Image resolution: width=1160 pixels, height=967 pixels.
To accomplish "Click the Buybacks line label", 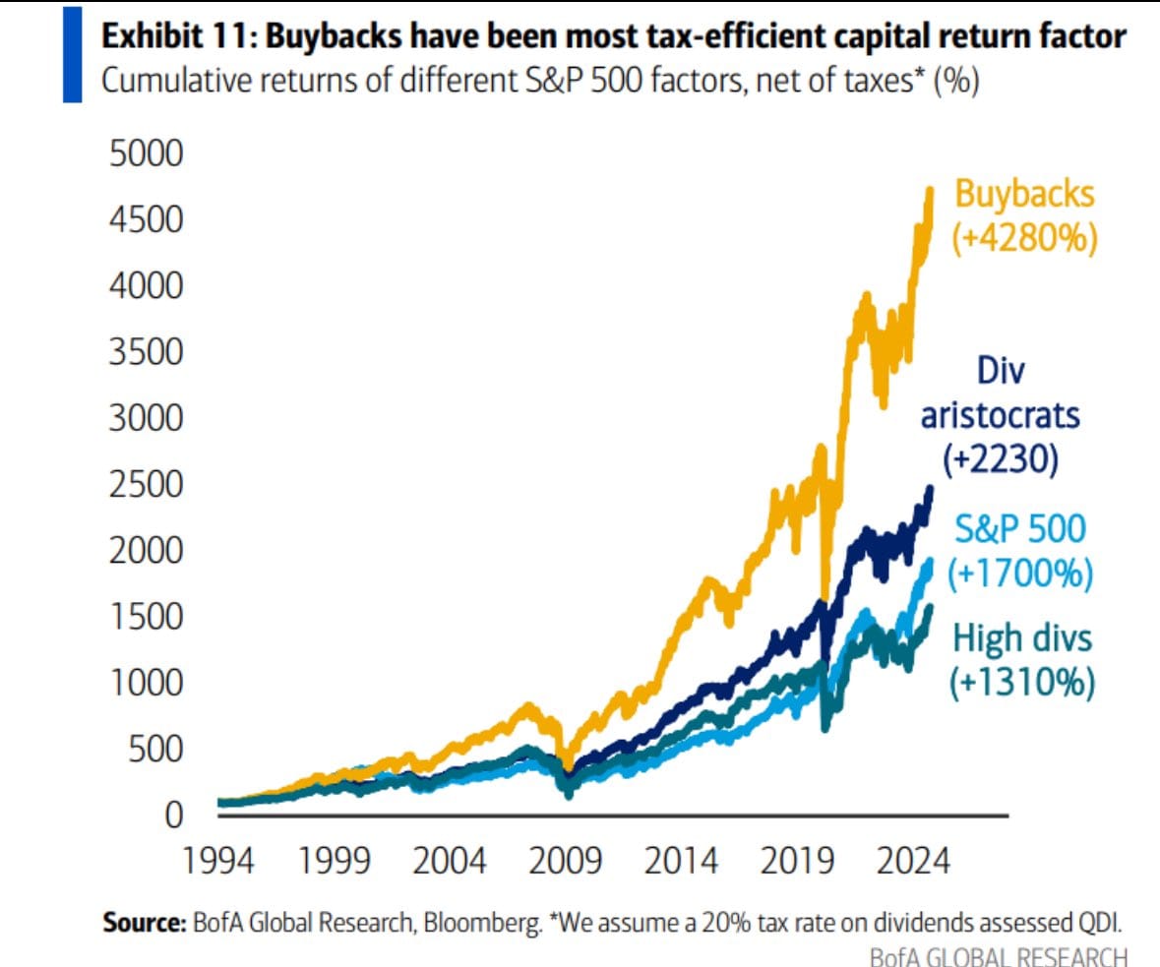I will [1024, 194].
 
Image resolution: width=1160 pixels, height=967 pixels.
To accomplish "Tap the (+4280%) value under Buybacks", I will [1024, 238].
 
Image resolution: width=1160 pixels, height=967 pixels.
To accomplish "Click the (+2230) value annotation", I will [1001, 458].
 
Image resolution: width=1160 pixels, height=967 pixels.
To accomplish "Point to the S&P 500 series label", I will [1020, 529].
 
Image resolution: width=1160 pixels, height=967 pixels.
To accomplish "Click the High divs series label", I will [1022, 639].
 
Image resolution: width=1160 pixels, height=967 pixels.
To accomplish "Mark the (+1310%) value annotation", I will [1022, 683].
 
